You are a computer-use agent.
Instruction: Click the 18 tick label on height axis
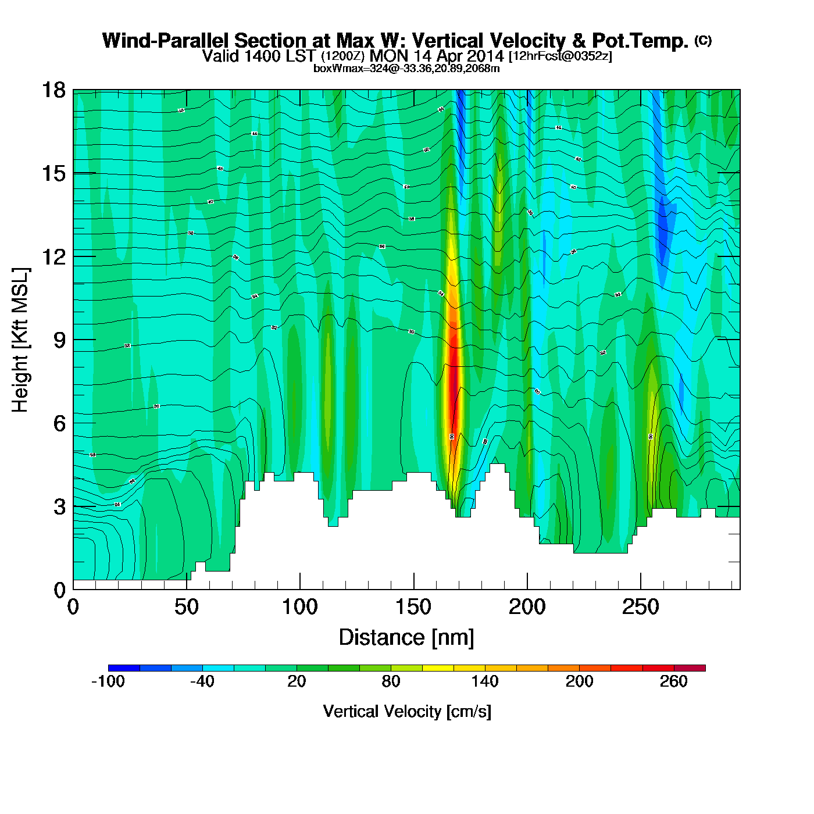point(52,90)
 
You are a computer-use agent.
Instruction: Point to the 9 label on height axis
point(59,340)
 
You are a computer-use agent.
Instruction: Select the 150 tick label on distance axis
point(413,608)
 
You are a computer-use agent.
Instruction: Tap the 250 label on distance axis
point(641,608)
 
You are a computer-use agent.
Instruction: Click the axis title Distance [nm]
point(406,637)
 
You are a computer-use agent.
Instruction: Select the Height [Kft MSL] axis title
point(20,340)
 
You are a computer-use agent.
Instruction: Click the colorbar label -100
point(108,681)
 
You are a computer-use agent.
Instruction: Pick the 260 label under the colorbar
point(674,681)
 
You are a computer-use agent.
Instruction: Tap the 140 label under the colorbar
point(485,681)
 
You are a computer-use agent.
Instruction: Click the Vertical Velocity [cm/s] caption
point(407,711)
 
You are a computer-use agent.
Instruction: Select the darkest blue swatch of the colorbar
point(124,668)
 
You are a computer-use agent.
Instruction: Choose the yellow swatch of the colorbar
point(438,668)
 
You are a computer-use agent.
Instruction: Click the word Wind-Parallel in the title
point(166,41)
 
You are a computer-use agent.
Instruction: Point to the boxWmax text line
point(406,69)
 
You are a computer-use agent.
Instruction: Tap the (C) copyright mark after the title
point(702,40)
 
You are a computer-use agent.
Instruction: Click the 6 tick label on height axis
point(59,423)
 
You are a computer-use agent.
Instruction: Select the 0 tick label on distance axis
point(73,608)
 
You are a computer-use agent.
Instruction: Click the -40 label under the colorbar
point(202,681)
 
